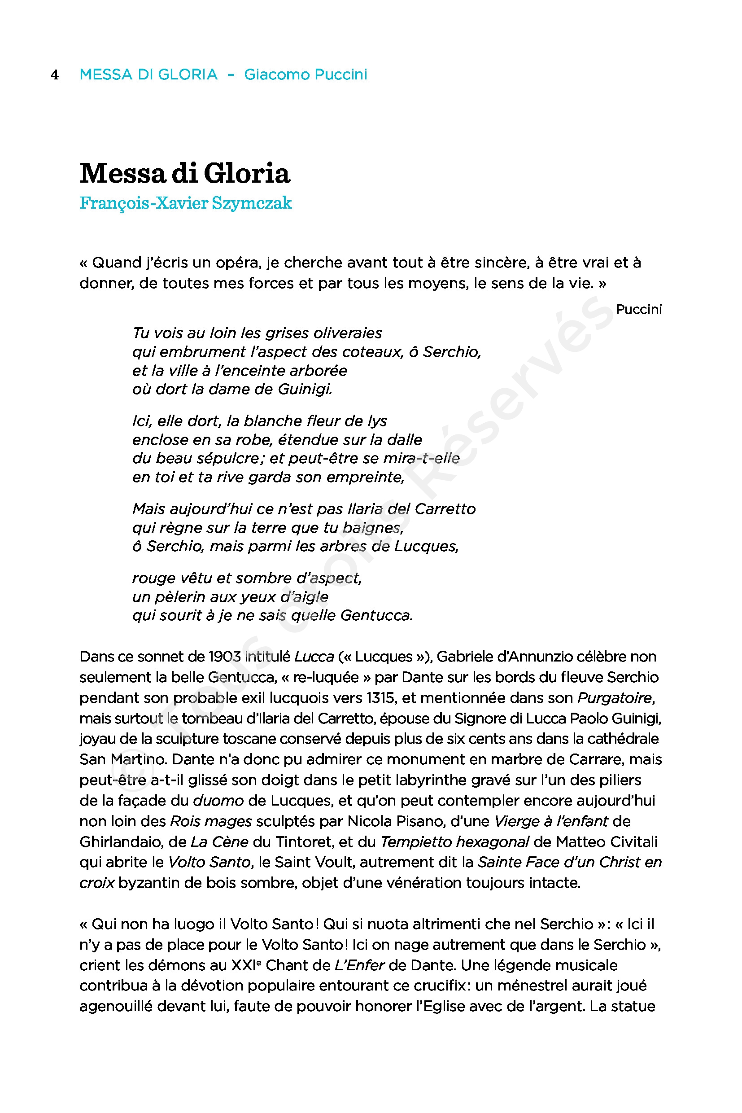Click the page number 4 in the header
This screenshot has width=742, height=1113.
[55, 75]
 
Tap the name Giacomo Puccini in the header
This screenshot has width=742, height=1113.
[305, 74]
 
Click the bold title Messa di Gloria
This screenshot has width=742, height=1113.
[184, 173]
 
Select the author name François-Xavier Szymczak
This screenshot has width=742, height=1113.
[186, 203]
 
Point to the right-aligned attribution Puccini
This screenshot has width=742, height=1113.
[638, 309]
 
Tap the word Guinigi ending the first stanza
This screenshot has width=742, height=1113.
[305, 389]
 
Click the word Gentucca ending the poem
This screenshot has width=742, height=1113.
[376, 615]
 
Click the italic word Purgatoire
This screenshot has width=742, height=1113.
[616, 698]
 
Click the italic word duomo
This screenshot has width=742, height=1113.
[218, 801]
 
